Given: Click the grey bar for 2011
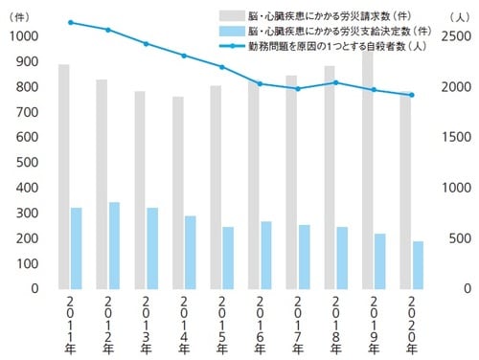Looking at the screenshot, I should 64,176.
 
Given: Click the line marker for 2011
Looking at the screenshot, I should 70,22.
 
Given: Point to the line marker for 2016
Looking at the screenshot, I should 260,84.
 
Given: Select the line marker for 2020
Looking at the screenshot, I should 412,95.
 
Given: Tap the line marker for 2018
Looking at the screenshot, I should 335,82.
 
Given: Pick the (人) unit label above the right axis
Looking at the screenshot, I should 457,16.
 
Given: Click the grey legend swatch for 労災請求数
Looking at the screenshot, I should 231,17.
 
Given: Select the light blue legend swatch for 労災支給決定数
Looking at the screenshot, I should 231,32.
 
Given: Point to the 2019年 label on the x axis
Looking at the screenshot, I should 374,326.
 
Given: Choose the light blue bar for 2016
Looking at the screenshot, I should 266,255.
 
